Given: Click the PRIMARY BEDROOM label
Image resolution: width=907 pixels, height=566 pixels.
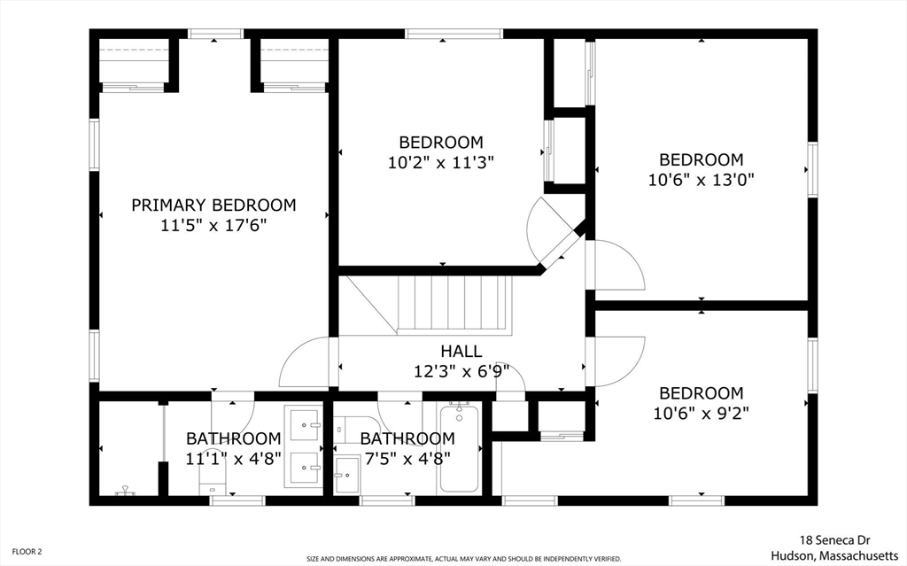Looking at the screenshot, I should pyautogui.click(x=213, y=205).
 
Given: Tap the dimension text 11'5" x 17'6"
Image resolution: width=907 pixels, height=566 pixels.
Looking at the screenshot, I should pyautogui.click(x=213, y=226).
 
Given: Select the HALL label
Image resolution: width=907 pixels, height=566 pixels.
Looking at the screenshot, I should pyautogui.click(x=461, y=352).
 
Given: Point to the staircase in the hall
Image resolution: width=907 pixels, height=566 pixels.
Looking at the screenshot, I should pyautogui.click(x=454, y=304).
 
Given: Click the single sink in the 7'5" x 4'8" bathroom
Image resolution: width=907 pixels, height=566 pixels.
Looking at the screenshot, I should pyautogui.click(x=346, y=475).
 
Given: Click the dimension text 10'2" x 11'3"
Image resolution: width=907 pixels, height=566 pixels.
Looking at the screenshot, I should pyautogui.click(x=440, y=162).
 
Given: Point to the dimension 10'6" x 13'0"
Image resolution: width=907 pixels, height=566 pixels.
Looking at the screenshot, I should pyautogui.click(x=701, y=178).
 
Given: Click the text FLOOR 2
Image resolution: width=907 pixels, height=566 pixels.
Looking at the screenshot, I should pyautogui.click(x=21, y=551).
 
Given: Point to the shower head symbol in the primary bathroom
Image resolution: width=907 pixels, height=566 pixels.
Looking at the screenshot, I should pyautogui.click(x=126, y=489).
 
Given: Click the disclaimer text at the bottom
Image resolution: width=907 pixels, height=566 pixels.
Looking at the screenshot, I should pyautogui.click(x=464, y=559).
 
